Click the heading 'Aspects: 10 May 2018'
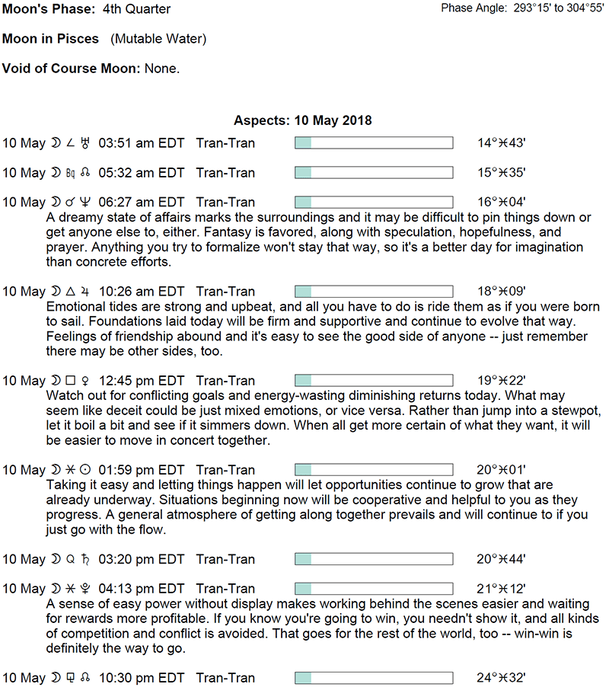point(302,121)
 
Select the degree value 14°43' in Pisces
point(501,143)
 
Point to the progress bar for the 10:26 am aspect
point(373,292)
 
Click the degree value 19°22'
point(501,381)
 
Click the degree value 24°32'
point(501,678)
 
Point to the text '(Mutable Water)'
point(158,39)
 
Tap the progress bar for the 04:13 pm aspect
point(373,589)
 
